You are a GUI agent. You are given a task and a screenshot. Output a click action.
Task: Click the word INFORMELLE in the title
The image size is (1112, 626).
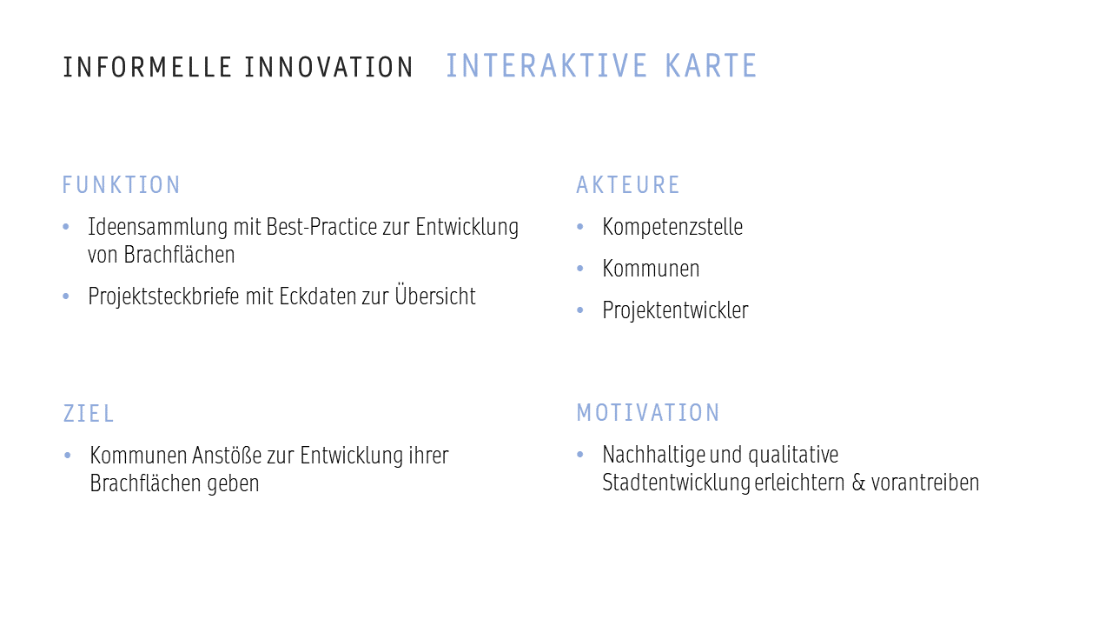148,67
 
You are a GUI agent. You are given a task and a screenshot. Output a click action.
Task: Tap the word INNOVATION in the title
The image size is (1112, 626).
328,67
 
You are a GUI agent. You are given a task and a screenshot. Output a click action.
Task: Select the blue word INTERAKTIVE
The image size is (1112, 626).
546,65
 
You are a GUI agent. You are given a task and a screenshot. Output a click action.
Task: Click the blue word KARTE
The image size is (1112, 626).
711,65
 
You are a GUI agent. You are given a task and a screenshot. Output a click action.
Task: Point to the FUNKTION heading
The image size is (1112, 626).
121,185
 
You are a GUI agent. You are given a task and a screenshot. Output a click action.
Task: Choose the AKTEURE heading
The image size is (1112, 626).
628,185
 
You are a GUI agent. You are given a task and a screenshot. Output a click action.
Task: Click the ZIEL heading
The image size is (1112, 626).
89,413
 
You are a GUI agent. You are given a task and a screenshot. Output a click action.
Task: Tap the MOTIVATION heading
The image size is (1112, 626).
648,412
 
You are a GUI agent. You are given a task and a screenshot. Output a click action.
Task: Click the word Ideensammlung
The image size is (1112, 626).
157,227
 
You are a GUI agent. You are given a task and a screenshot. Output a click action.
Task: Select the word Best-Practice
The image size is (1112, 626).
321,227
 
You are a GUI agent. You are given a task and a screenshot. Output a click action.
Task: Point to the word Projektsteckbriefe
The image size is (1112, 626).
164,296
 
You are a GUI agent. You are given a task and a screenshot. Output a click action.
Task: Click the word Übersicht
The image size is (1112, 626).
435,295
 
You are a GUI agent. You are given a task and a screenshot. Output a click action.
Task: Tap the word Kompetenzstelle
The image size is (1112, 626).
672,227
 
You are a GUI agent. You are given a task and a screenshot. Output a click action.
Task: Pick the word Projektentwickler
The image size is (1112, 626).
675,310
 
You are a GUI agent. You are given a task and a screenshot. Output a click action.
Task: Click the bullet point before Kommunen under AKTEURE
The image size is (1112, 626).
579,269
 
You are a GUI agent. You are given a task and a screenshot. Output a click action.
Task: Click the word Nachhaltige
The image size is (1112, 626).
654,455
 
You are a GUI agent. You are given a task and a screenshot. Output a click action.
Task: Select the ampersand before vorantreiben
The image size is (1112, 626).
858,483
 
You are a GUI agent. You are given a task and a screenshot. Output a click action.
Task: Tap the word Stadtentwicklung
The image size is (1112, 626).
676,483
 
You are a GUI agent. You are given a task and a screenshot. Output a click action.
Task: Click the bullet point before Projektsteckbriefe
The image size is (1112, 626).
66,296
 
